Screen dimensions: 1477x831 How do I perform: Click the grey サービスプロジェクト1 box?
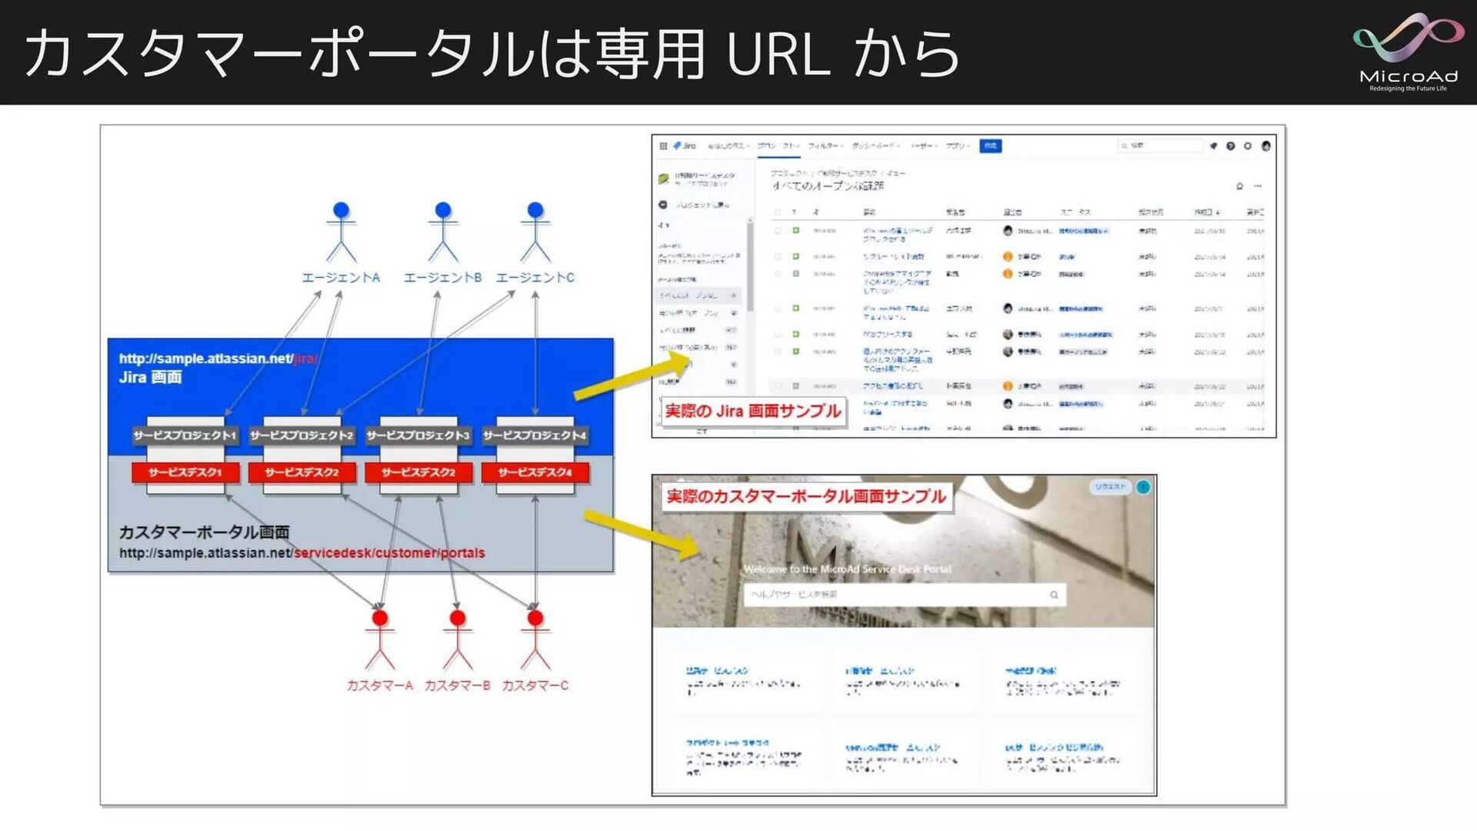[x=185, y=436]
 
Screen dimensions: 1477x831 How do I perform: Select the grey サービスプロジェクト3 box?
[x=418, y=436]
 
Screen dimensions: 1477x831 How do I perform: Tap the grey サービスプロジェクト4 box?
[x=535, y=436]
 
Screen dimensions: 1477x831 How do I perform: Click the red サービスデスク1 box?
[x=185, y=472]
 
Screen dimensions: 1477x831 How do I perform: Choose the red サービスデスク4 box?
[x=535, y=472]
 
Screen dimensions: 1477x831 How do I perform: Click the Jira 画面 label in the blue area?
[x=151, y=377]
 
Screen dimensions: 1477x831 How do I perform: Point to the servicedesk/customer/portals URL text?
[x=389, y=553]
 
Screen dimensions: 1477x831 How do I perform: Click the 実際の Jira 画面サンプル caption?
[x=752, y=412]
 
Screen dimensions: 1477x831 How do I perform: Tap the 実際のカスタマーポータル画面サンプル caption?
[x=805, y=497]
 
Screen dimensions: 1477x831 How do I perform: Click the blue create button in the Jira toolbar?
[x=990, y=145]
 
